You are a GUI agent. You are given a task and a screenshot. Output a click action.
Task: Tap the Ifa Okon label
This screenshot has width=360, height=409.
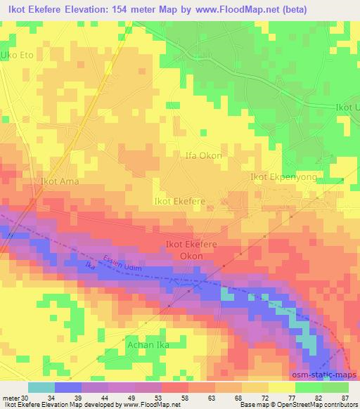click(x=203, y=155)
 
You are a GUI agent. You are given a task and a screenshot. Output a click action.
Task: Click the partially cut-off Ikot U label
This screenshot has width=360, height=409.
click(x=347, y=107)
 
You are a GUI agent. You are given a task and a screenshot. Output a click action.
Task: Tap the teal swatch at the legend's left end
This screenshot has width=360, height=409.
click(x=41, y=387)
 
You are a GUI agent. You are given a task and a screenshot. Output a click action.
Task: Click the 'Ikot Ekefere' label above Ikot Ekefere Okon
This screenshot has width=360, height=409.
click(x=179, y=201)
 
